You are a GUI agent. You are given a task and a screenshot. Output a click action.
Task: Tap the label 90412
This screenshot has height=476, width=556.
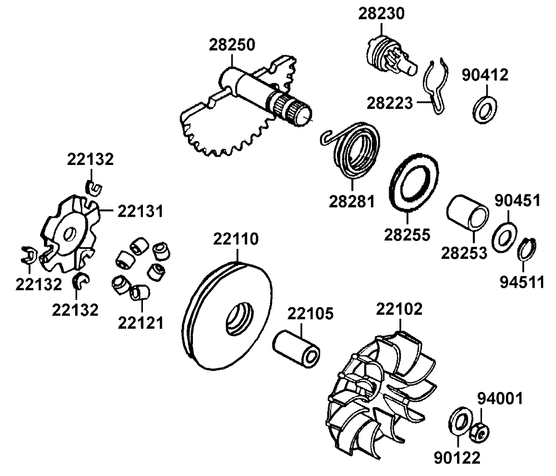[x=485, y=76]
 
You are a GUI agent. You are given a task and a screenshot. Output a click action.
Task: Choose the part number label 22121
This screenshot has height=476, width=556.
[x=140, y=322]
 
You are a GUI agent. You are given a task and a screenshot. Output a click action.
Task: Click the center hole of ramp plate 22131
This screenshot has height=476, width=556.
[x=69, y=234]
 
